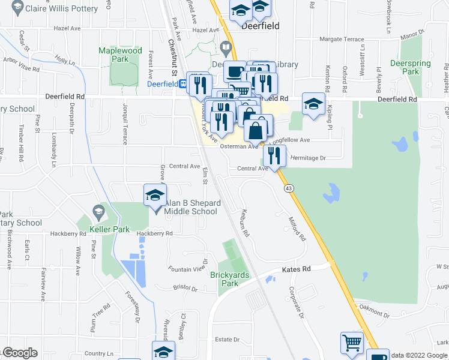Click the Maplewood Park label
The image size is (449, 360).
point(121,55)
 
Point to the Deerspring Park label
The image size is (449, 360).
point(405,67)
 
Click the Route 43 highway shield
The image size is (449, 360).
point(289,188)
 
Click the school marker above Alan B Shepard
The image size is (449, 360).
point(155,196)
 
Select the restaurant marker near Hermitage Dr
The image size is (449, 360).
point(274,156)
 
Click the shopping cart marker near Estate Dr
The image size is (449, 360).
point(352,343)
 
